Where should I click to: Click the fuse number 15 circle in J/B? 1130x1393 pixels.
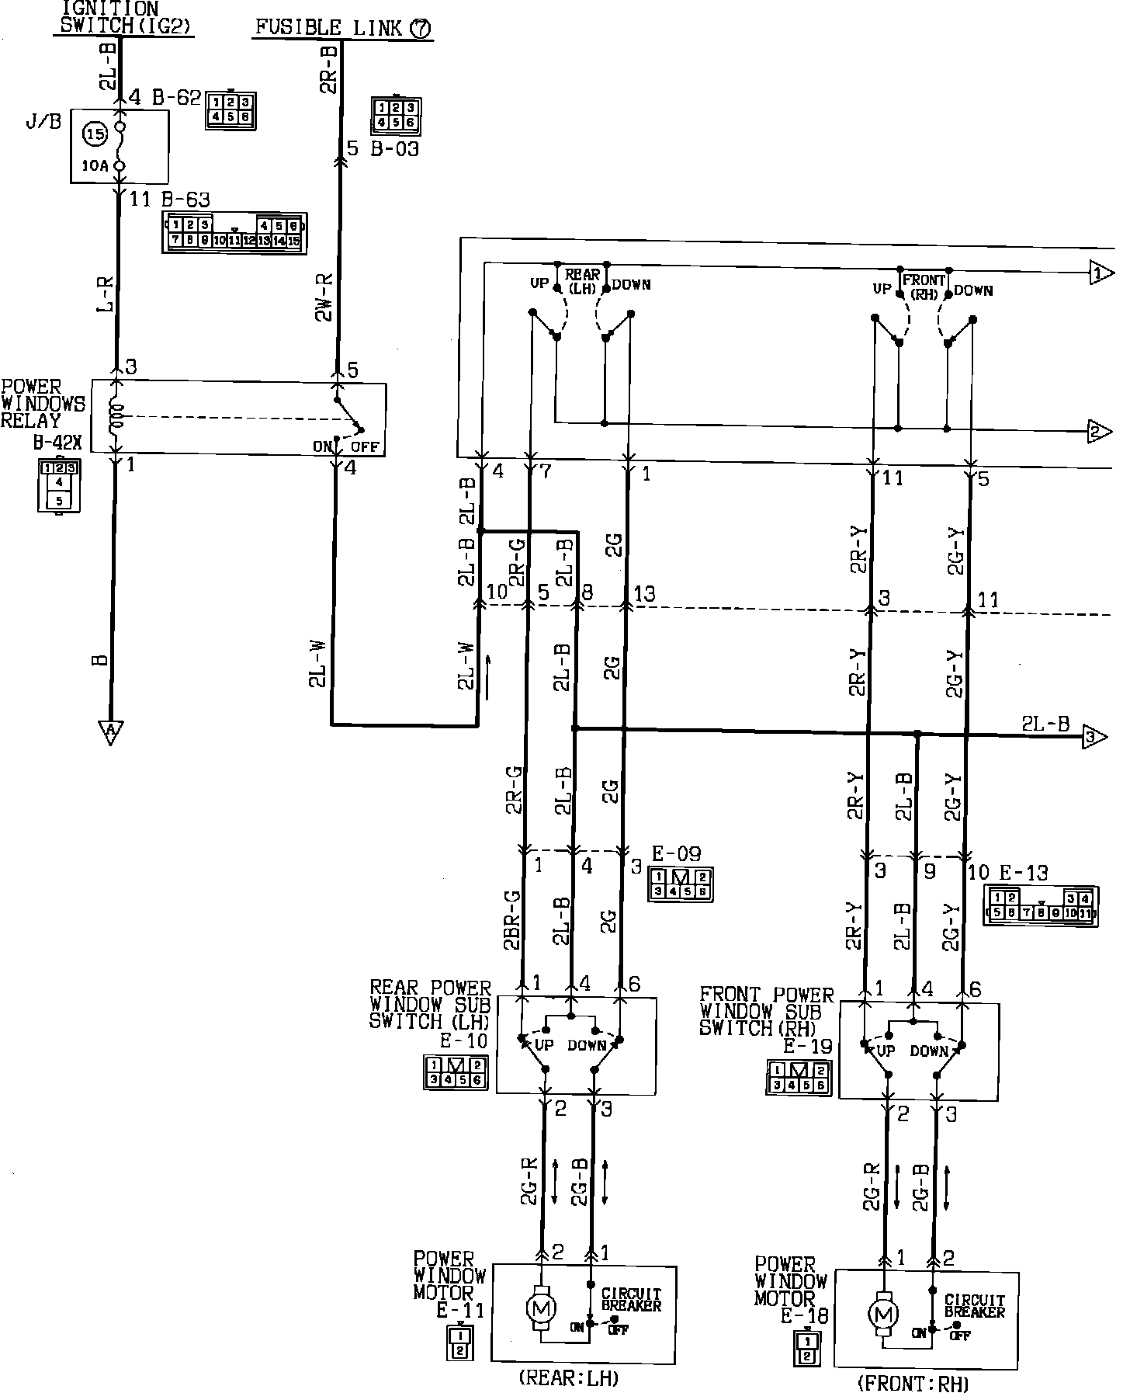click(95, 134)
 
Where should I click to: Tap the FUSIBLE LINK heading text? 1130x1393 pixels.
click(342, 29)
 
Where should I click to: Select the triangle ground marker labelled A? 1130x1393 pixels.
click(110, 731)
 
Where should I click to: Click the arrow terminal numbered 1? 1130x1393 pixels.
click(1101, 273)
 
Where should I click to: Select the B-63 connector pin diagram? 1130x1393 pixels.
click(234, 233)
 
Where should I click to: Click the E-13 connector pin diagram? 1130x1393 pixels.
click(1040, 905)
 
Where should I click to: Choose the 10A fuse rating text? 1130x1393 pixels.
click(94, 165)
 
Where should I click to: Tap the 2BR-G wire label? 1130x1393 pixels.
click(511, 920)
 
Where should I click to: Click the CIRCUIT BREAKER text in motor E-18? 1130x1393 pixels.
click(975, 1306)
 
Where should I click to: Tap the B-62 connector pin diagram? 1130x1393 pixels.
click(231, 110)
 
